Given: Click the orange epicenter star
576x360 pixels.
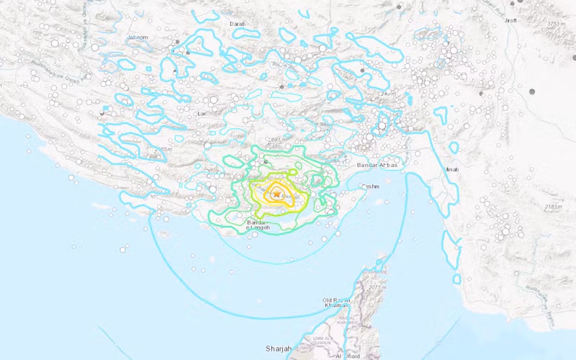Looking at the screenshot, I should coord(276,193).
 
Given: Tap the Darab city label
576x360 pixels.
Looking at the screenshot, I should coord(238,24).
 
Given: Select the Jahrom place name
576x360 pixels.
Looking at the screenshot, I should coord(138,37).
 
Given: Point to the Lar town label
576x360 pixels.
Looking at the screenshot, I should coord(202,114).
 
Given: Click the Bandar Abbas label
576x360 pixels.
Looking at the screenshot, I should coord(387,165).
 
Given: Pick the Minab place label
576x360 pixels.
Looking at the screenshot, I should coord(452,170).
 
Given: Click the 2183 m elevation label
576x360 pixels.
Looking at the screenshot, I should coord(554,207).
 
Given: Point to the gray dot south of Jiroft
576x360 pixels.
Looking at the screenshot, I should coord(533,91).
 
